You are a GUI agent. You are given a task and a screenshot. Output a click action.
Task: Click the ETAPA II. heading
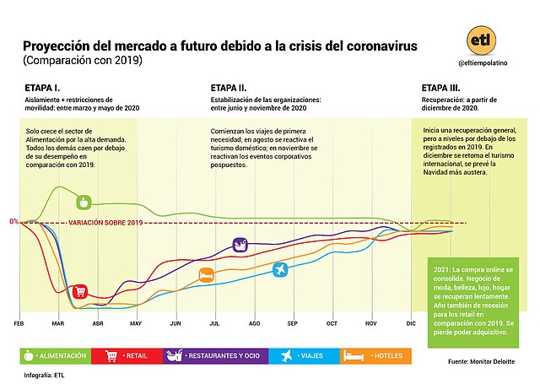(229, 88)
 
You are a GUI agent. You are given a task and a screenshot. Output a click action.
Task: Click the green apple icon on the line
(83, 202)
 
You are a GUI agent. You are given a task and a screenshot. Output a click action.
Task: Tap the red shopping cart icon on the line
(80, 292)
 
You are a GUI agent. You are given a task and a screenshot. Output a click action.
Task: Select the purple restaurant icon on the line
(240, 246)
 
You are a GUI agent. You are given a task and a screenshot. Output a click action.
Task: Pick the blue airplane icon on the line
(281, 268)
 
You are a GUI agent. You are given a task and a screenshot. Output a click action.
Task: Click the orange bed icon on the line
(206, 275)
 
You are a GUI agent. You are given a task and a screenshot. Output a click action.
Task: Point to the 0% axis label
(13, 222)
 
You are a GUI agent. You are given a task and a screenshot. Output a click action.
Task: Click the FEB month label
(19, 323)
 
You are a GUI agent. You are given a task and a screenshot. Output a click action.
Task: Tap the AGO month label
(253, 323)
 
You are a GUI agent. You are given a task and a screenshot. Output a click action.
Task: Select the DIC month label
(411, 323)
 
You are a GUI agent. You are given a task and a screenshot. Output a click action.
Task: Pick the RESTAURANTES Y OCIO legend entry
(217, 356)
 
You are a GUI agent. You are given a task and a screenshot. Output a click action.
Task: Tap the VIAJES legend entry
(305, 356)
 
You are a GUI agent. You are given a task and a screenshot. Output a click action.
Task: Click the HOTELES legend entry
(375, 356)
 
